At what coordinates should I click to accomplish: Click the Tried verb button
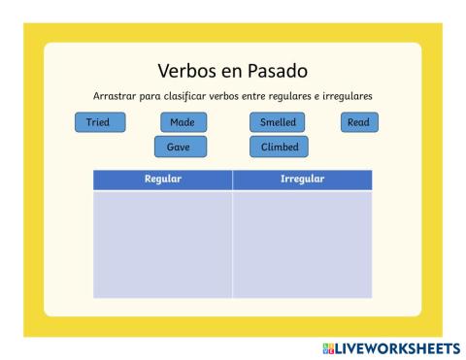(x=100, y=122)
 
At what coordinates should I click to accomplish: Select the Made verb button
(x=183, y=122)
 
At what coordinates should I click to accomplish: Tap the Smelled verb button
(x=278, y=122)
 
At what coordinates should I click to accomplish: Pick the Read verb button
(x=359, y=122)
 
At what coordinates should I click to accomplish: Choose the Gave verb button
(x=181, y=147)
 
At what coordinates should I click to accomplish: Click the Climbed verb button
(x=279, y=147)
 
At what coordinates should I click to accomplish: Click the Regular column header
(x=163, y=180)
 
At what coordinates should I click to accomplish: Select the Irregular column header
(x=302, y=180)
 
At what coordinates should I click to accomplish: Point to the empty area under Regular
(x=162, y=245)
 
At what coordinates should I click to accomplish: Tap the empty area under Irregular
(x=302, y=245)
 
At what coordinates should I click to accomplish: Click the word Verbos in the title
(x=187, y=71)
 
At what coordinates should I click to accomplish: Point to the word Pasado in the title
(x=278, y=71)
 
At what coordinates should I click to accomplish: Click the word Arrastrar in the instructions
(x=115, y=96)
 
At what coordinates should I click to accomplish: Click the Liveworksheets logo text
(x=398, y=348)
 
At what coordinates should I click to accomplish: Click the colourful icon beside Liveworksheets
(x=328, y=348)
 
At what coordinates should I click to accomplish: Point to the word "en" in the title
(x=232, y=72)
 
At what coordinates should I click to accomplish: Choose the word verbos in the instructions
(x=224, y=96)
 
